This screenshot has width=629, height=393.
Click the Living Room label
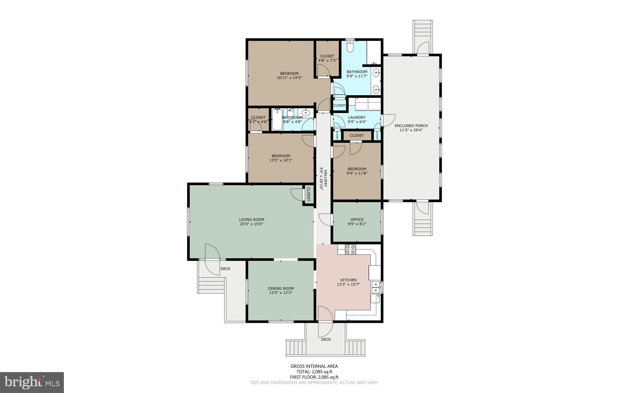pyautogui.click(x=252, y=219)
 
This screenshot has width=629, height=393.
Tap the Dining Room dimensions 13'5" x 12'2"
pyautogui.click(x=281, y=293)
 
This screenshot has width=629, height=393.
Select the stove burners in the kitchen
pyautogui.click(x=350, y=249)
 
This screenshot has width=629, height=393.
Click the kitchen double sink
pyautogui.click(x=376, y=287)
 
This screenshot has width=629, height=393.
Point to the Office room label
pyautogui.click(x=357, y=219)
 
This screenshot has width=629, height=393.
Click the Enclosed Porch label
pyautogui.click(x=411, y=125)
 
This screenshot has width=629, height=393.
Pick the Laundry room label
pyautogui.click(x=357, y=117)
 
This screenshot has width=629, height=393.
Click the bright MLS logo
pyautogui.click(x=32, y=382)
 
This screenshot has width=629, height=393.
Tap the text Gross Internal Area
pyautogui.click(x=314, y=366)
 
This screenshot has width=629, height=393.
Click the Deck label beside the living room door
pyautogui.click(x=225, y=269)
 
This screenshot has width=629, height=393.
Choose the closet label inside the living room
pyautogui.click(x=308, y=194)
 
